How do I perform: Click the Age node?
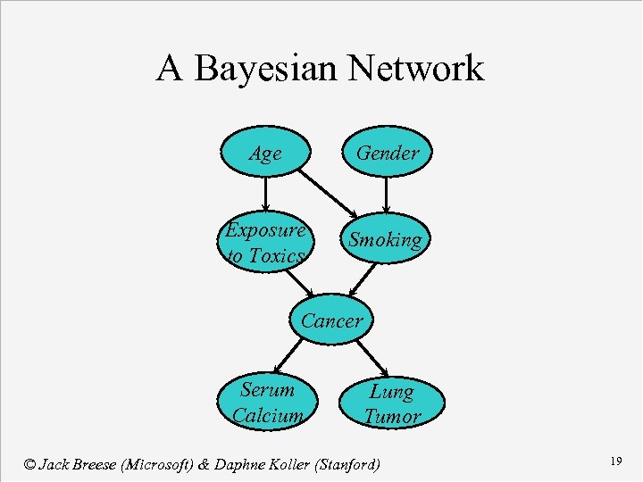tap(265, 154)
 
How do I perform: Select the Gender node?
tap(387, 154)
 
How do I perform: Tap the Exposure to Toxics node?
tap(265, 242)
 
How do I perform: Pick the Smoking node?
tap(385, 240)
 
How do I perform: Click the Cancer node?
tap(331, 320)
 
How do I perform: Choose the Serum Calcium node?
tap(266, 402)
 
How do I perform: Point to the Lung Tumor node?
tap(391, 403)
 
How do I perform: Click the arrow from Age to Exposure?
tap(265, 193)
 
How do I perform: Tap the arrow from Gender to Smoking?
tap(386, 195)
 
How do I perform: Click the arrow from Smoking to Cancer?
tap(362, 278)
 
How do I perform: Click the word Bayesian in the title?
tap(265, 69)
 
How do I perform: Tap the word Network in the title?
tap(416, 69)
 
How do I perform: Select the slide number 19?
tap(615, 461)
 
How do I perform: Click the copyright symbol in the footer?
tap(30, 464)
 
